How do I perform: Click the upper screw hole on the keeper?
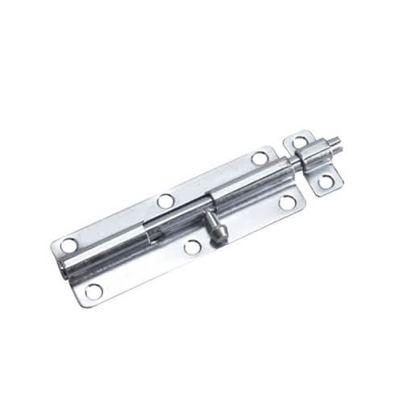click(300, 141)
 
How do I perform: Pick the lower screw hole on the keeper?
click(325, 182)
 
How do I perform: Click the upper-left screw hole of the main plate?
click(69, 243)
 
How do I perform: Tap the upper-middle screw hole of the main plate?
click(165, 201)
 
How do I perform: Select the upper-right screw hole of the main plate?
click(259, 158)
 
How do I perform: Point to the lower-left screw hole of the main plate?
click(94, 291)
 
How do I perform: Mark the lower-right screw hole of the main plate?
click(286, 202)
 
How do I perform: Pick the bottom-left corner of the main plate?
click(81, 307)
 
